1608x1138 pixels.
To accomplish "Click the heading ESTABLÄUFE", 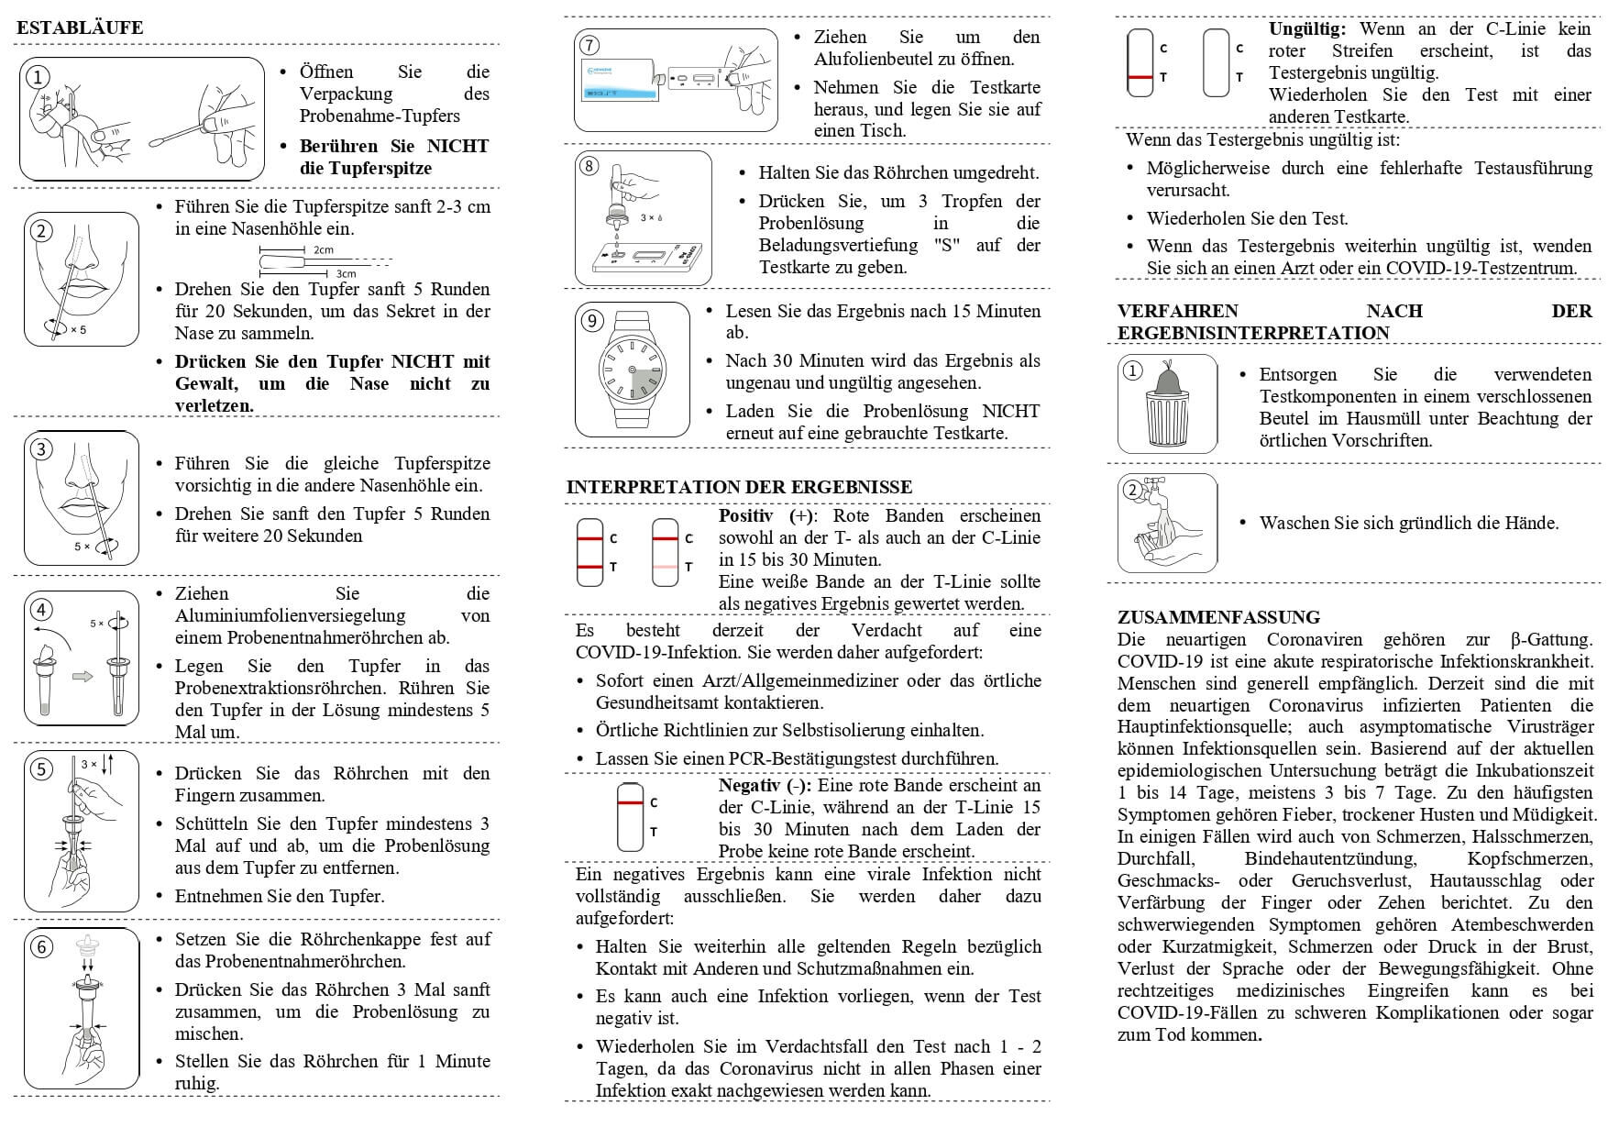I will click(x=80, y=28).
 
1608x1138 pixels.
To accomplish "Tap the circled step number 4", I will click(x=41, y=609).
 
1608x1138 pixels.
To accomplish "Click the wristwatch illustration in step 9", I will click(x=633, y=370).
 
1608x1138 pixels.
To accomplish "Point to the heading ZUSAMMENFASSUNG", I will click(x=1218, y=617).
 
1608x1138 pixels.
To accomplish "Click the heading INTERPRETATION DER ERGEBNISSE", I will click(x=739, y=487).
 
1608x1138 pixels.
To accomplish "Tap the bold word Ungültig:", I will click(x=1306, y=29).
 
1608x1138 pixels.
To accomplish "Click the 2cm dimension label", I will click(x=323, y=249).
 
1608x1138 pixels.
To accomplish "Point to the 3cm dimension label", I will click(x=346, y=273).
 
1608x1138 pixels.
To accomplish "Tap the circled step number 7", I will click(x=589, y=45).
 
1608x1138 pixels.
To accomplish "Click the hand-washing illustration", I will click(x=1167, y=524).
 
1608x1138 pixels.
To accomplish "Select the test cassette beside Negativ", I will click(x=630, y=817).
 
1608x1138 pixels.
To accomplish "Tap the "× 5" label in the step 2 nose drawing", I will click(x=78, y=330).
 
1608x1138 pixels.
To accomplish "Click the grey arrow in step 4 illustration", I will click(x=83, y=677).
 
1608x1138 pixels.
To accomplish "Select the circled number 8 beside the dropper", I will click(x=589, y=166).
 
